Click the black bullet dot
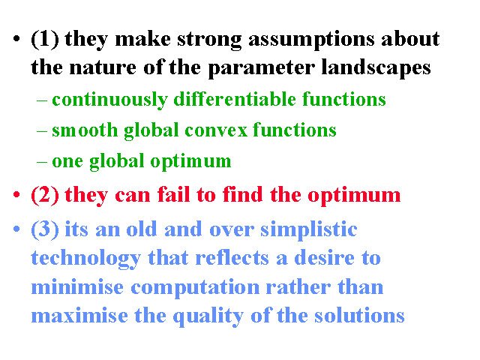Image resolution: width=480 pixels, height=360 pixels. click(x=16, y=39)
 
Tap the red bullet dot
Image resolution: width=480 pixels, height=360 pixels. click(x=16, y=194)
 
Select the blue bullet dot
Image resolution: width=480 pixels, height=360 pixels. click(x=16, y=229)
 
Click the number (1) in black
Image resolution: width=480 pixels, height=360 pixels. click(x=45, y=40)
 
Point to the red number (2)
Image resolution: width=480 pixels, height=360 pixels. click(x=45, y=195)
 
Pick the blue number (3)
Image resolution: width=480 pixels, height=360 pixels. click(x=45, y=229)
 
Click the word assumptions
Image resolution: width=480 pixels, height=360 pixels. click(x=311, y=40)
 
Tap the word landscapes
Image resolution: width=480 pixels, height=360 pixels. click(x=376, y=67)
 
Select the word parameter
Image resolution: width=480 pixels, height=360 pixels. click(x=262, y=68)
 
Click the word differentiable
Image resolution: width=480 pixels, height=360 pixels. click(x=235, y=99)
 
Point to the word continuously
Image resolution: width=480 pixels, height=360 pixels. click(x=110, y=100)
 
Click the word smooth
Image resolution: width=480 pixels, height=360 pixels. click(x=85, y=130)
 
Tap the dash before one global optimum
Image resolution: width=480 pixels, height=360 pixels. click(x=42, y=162)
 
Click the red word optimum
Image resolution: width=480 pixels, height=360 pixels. click(x=354, y=196)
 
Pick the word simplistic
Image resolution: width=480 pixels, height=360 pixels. click(x=308, y=229)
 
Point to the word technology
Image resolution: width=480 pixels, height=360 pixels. click(x=86, y=259)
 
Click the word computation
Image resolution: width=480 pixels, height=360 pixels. click(x=195, y=288)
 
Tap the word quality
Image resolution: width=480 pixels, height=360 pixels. click(x=208, y=316)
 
